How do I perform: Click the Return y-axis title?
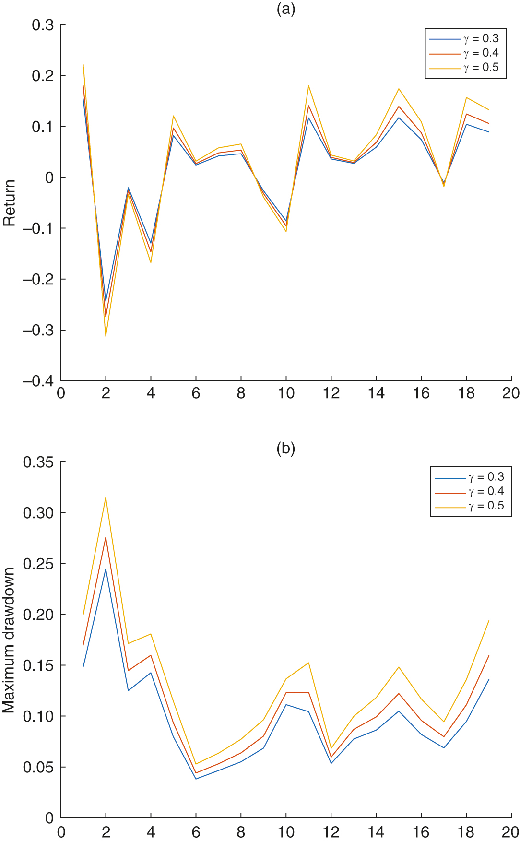click(x=9, y=203)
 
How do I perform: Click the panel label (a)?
click(x=286, y=9)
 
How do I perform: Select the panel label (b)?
click(x=286, y=448)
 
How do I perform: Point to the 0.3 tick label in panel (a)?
click(x=43, y=25)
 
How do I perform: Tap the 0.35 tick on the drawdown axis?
click(x=38, y=462)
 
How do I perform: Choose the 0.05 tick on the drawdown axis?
click(x=38, y=767)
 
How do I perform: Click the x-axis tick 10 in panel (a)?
click(x=286, y=393)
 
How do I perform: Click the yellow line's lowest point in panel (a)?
click(x=106, y=336)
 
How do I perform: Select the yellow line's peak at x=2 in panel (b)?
click(x=106, y=497)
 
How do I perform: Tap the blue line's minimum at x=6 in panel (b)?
click(x=196, y=779)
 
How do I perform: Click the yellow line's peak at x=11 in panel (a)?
click(x=308, y=86)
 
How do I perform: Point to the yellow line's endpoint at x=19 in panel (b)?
click(x=488, y=621)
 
